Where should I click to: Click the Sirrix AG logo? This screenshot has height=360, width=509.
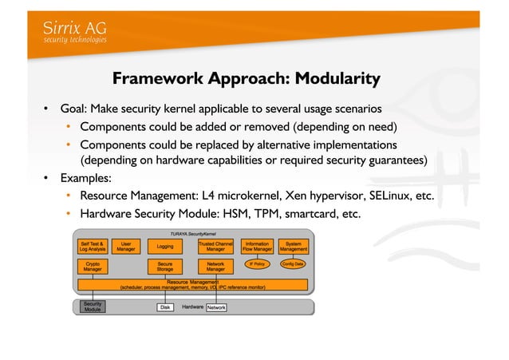[74, 31]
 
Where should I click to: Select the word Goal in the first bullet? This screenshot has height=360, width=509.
[74, 109]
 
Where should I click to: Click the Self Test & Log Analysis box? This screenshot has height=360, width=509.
[93, 247]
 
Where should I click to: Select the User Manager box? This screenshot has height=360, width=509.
[126, 247]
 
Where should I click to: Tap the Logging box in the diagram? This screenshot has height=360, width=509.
[164, 247]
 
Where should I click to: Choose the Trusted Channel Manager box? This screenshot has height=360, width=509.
[215, 247]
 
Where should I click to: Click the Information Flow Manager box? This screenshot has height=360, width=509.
[257, 247]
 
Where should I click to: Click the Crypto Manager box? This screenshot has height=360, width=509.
[93, 267]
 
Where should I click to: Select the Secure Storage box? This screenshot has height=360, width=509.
[164, 267]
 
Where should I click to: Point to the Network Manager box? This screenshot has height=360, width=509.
[215, 267]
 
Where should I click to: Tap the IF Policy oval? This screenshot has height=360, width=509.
[257, 263]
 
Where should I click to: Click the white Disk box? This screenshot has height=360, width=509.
[165, 307]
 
